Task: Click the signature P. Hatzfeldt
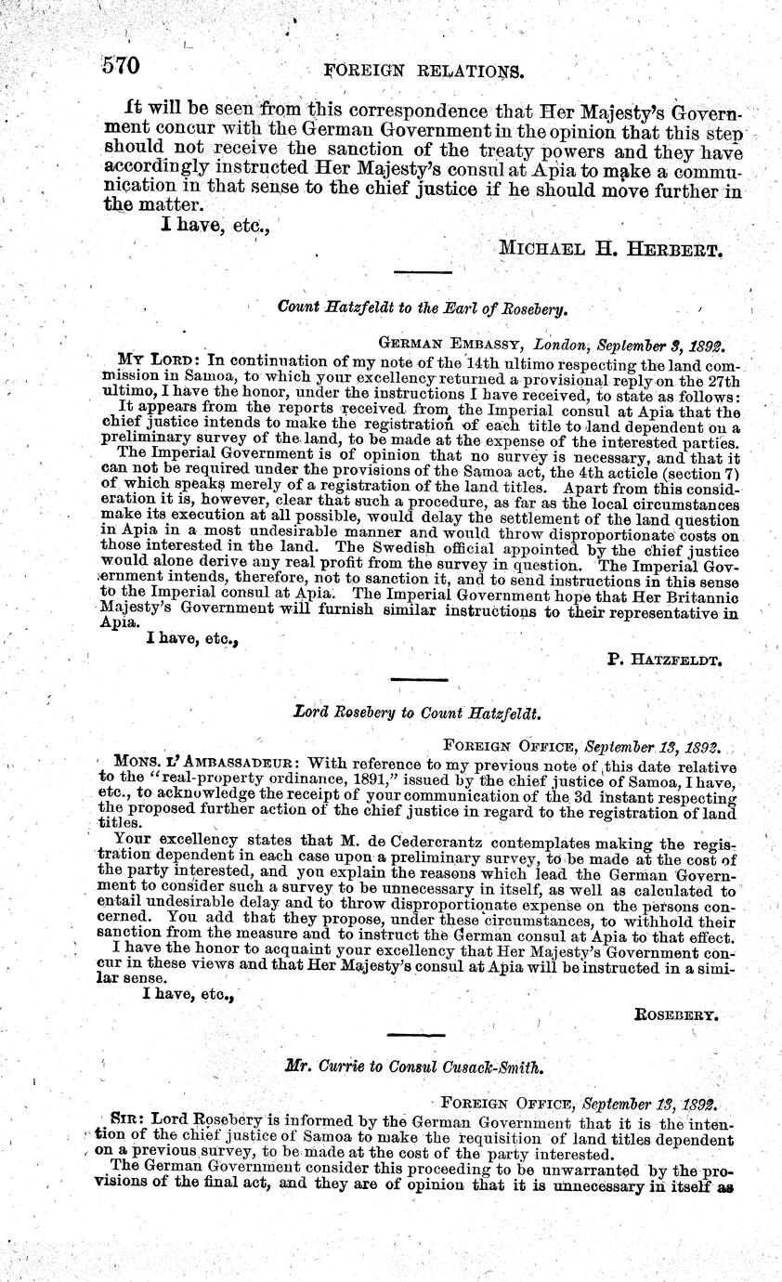tap(665, 659)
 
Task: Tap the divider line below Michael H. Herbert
tap(423, 272)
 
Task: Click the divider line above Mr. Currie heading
tap(416, 1037)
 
